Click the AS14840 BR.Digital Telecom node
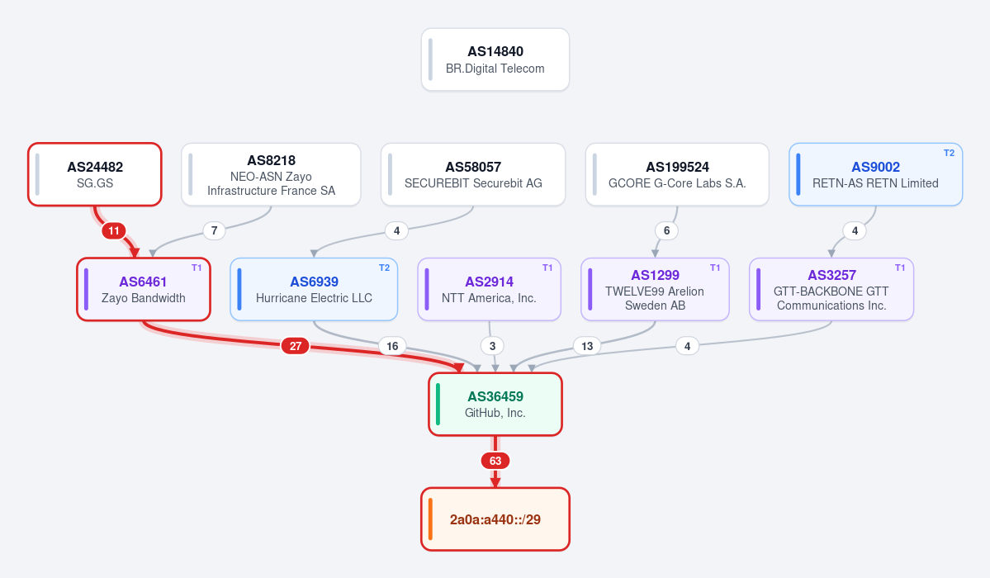point(495,59)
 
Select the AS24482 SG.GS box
point(95,174)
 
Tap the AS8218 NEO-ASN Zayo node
point(271,174)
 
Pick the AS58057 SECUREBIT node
point(473,174)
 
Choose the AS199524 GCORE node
point(677,174)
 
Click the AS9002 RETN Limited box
point(876,174)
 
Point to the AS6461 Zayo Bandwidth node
point(144,289)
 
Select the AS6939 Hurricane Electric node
point(314,289)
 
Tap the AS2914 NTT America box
point(490,289)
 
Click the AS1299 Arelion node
point(655,289)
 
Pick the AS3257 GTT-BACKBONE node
point(831,289)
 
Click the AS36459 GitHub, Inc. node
point(495,405)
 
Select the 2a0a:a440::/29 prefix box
point(495,519)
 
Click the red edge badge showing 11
point(114,230)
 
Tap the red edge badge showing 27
point(296,345)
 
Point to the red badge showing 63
point(495,461)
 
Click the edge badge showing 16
point(392,345)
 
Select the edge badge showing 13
point(587,345)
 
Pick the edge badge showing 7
point(214,230)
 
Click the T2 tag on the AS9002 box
point(949,153)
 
